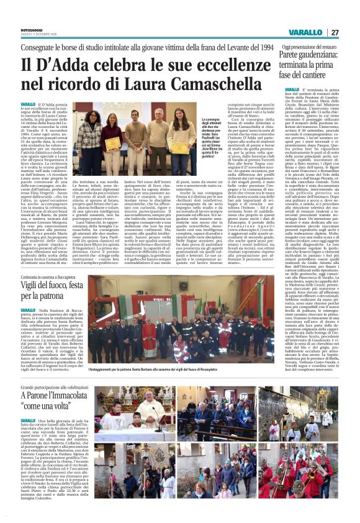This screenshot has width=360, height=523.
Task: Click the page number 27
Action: point(335,32)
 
